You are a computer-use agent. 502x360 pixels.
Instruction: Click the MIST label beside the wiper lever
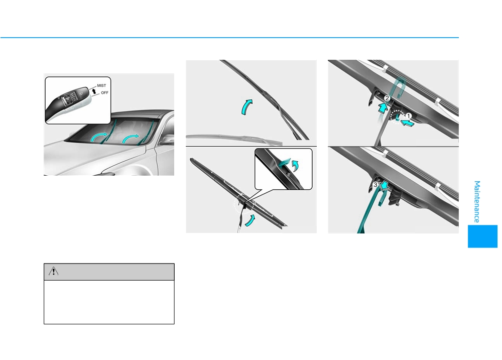click(x=101, y=85)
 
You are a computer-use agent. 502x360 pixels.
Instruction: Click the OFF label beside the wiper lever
click(x=105, y=93)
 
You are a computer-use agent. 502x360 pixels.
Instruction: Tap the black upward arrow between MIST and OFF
click(x=94, y=91)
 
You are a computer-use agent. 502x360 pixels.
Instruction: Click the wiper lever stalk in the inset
click(x=68, y=103)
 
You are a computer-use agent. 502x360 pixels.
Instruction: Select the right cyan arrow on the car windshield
click(x=131, y=139)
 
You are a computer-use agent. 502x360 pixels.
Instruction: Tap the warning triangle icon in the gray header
click(x=54, y=272)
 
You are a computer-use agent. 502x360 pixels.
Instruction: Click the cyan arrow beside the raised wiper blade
click(x=246, y=106)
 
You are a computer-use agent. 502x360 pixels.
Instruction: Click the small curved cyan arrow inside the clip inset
click(x=296, y=166)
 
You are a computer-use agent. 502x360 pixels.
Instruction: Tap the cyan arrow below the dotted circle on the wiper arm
click(x=250, y=220)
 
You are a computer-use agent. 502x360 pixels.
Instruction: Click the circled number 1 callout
click(x=409, y=116)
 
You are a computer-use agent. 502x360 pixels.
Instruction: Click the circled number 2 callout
click(x=387, y=98)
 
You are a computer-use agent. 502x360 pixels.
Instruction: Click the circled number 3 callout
click(x=375, y=185)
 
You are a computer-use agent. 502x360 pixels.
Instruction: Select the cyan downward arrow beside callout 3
click(x=384, y=185)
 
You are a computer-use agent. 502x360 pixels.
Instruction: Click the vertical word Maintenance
click(x=477, y=202)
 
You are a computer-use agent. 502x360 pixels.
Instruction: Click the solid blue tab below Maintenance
click(x=482, y=236)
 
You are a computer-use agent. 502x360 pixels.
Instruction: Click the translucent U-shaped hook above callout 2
click(x=399, y=86)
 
